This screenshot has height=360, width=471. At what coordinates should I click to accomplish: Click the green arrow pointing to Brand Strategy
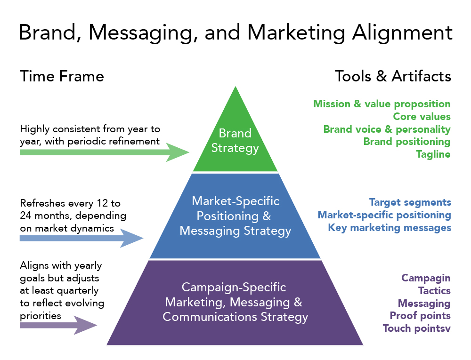[104, 152]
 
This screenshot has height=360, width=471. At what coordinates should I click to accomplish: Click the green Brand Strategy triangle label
[235, 140]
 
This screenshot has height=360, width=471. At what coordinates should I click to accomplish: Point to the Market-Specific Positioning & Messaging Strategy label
[235, 216]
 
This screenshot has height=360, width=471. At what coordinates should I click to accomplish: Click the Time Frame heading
[62, 76]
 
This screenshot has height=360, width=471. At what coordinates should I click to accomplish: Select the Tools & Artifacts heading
[393, 76]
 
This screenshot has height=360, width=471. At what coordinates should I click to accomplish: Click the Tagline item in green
[433, 154]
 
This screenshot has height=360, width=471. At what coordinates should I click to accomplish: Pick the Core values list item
[422, 116]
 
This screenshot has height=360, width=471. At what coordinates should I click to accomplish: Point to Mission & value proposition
[382, 104]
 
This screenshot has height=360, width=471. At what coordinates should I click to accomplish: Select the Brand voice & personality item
[387, 129]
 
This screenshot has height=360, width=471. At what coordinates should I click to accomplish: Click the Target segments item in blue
[410, 202]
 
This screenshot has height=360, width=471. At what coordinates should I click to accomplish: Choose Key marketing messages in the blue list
[390, 228]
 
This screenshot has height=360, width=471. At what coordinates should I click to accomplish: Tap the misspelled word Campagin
[426, 278]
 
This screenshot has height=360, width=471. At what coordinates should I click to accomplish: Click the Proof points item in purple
[420, 315]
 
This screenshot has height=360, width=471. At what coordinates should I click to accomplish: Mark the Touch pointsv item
[416, 328]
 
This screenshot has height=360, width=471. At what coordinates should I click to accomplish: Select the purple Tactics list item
[434, 291]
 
